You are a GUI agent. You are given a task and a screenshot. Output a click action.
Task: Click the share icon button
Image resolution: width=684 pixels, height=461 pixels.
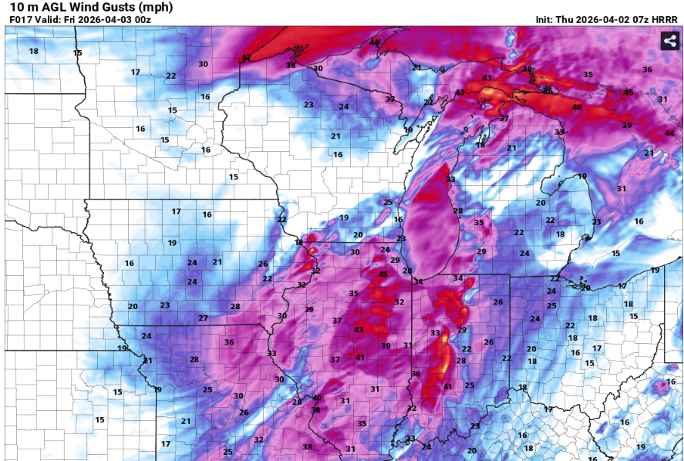(x=668, y=42)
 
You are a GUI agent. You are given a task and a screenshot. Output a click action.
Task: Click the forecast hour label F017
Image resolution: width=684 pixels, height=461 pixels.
(x=20, y=19)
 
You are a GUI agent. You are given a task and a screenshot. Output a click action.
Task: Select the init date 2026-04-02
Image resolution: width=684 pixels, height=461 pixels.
(x=602, y=19)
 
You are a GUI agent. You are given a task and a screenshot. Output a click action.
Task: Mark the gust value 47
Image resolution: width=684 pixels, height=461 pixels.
(x=247, y=58)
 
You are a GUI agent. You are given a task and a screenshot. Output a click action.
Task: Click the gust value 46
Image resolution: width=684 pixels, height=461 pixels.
(x=577, y=107)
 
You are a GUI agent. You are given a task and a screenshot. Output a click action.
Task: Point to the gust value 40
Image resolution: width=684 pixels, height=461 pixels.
(x=316, y=398)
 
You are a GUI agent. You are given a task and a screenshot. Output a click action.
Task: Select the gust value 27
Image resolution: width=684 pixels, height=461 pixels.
(x=203, y=318)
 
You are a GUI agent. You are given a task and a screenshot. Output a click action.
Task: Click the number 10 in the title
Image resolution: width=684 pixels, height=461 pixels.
(x=15, y=7)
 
